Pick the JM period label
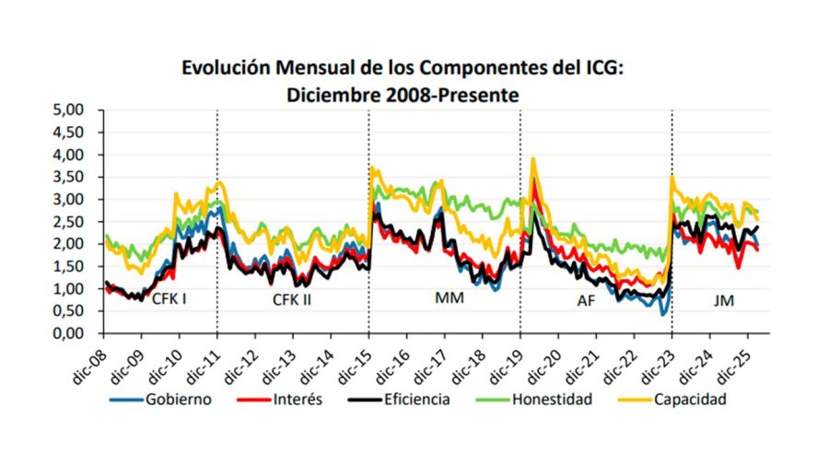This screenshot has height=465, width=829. point(723,300)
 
